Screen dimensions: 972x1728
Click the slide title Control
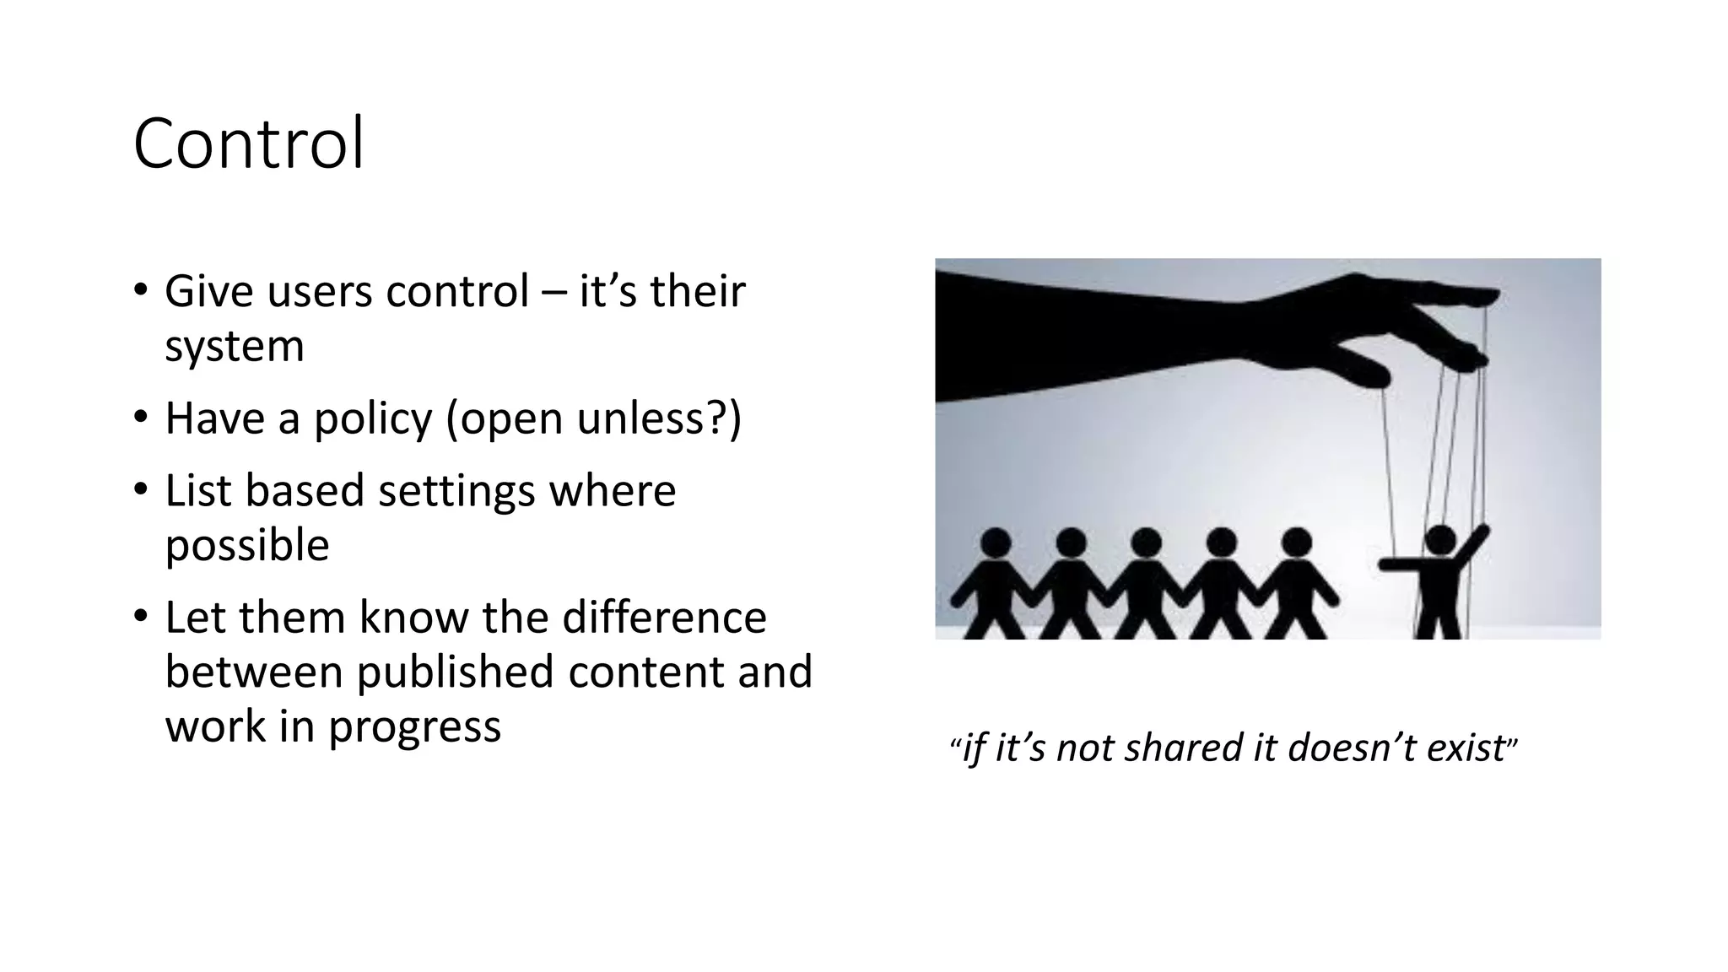point(249,144)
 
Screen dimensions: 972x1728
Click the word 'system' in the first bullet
point(234,347)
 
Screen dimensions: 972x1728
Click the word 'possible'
point(246,546)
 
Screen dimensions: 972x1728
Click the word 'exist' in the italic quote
point(1466,748)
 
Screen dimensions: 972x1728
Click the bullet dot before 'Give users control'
point(140,291)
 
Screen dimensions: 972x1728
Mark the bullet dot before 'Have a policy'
point(140,418)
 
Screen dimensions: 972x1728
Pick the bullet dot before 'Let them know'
point(140,617)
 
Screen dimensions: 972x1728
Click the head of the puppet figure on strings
point(1439,538)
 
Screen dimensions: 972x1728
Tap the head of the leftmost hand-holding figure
point(996,543)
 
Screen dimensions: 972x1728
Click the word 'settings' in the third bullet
point(456,491)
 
